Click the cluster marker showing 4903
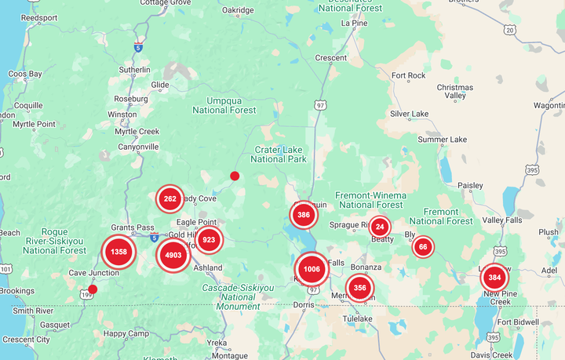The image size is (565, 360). click(x=173, y=256)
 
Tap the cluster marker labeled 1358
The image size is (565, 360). click(x=118, y=252)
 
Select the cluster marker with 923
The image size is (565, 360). click(x=209, y=240)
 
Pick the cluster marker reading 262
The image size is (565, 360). click(x=169, y=199)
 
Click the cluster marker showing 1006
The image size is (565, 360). click(x=312, y=269)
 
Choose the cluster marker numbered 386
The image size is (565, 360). click(x=304, y=214)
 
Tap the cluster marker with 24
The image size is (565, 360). click(x=380, y=227)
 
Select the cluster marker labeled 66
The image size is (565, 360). click(x=423, y=247)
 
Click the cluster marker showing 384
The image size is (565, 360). click(x=494, y=278)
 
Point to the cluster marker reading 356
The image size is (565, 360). click(x=359, y=288)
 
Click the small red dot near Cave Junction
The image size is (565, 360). click(x=93, y=289)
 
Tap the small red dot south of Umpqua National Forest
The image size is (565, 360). click(x=235, y=176)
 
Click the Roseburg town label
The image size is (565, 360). click(x=131, y=99)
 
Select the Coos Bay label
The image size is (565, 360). click(x=25, y=75)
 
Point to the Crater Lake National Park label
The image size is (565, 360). click(x=280, y=154)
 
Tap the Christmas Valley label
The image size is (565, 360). click(x=455, y=91)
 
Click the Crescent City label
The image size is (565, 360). click(x=27, y=340)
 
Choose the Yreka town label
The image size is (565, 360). click(x=217, y=343)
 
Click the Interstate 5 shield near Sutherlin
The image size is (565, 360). click(x=139, y=47)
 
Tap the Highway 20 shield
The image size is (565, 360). click(x=510, y=30)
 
